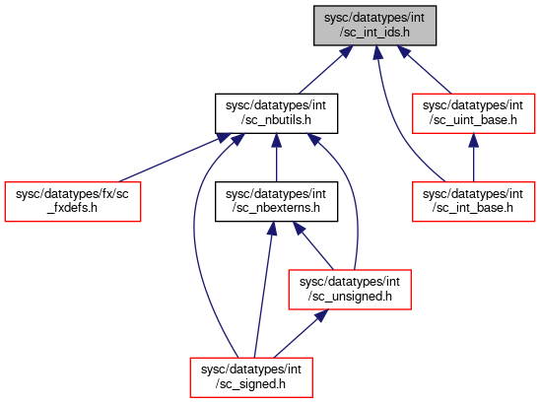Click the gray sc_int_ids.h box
(374, 26)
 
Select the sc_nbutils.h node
(276, 113)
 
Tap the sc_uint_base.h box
(474, 113)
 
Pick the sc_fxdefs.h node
(73, 201)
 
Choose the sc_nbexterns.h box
(276, 201)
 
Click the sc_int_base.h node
(474, 201)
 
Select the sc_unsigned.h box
(350, 290)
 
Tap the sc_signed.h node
(251, 377)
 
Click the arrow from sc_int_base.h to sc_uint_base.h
(474, 158)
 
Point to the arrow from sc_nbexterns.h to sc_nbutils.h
(276, 158)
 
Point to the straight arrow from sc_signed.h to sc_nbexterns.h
(263, 290)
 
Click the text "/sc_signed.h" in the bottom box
(250, 384)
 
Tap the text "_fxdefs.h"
(72, 208)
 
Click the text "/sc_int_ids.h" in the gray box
(374, 33)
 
